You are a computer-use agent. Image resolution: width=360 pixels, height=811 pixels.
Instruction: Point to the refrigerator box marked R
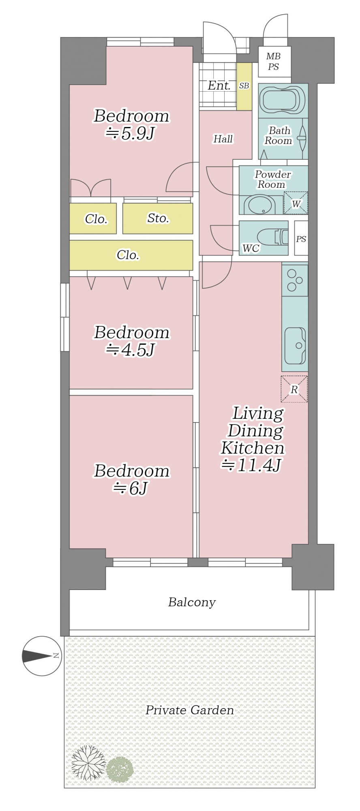click(294, 389)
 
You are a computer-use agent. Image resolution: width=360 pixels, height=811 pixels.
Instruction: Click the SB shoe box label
click(244, 86)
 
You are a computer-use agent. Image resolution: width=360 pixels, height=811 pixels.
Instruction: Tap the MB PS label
click(274, 62)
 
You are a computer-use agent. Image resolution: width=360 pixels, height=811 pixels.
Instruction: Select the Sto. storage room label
click(158, 218)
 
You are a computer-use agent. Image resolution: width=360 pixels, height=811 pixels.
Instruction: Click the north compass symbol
click(41, 656)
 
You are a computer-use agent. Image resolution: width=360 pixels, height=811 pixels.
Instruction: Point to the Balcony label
click(192, 602)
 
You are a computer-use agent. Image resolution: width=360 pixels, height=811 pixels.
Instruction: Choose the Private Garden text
click(189, 710)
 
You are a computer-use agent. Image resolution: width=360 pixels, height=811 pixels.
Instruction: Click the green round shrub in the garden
click(120, 769)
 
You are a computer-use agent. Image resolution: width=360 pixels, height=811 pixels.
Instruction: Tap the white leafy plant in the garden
click(88, 762)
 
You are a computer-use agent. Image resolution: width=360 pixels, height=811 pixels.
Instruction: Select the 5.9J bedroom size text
click(131, 133)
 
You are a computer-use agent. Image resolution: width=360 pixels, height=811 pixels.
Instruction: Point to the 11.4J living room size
click(251, 465)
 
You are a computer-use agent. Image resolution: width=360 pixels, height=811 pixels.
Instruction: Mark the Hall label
click(223, 139)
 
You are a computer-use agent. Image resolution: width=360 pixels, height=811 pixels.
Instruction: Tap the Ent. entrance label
click(219, 86)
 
